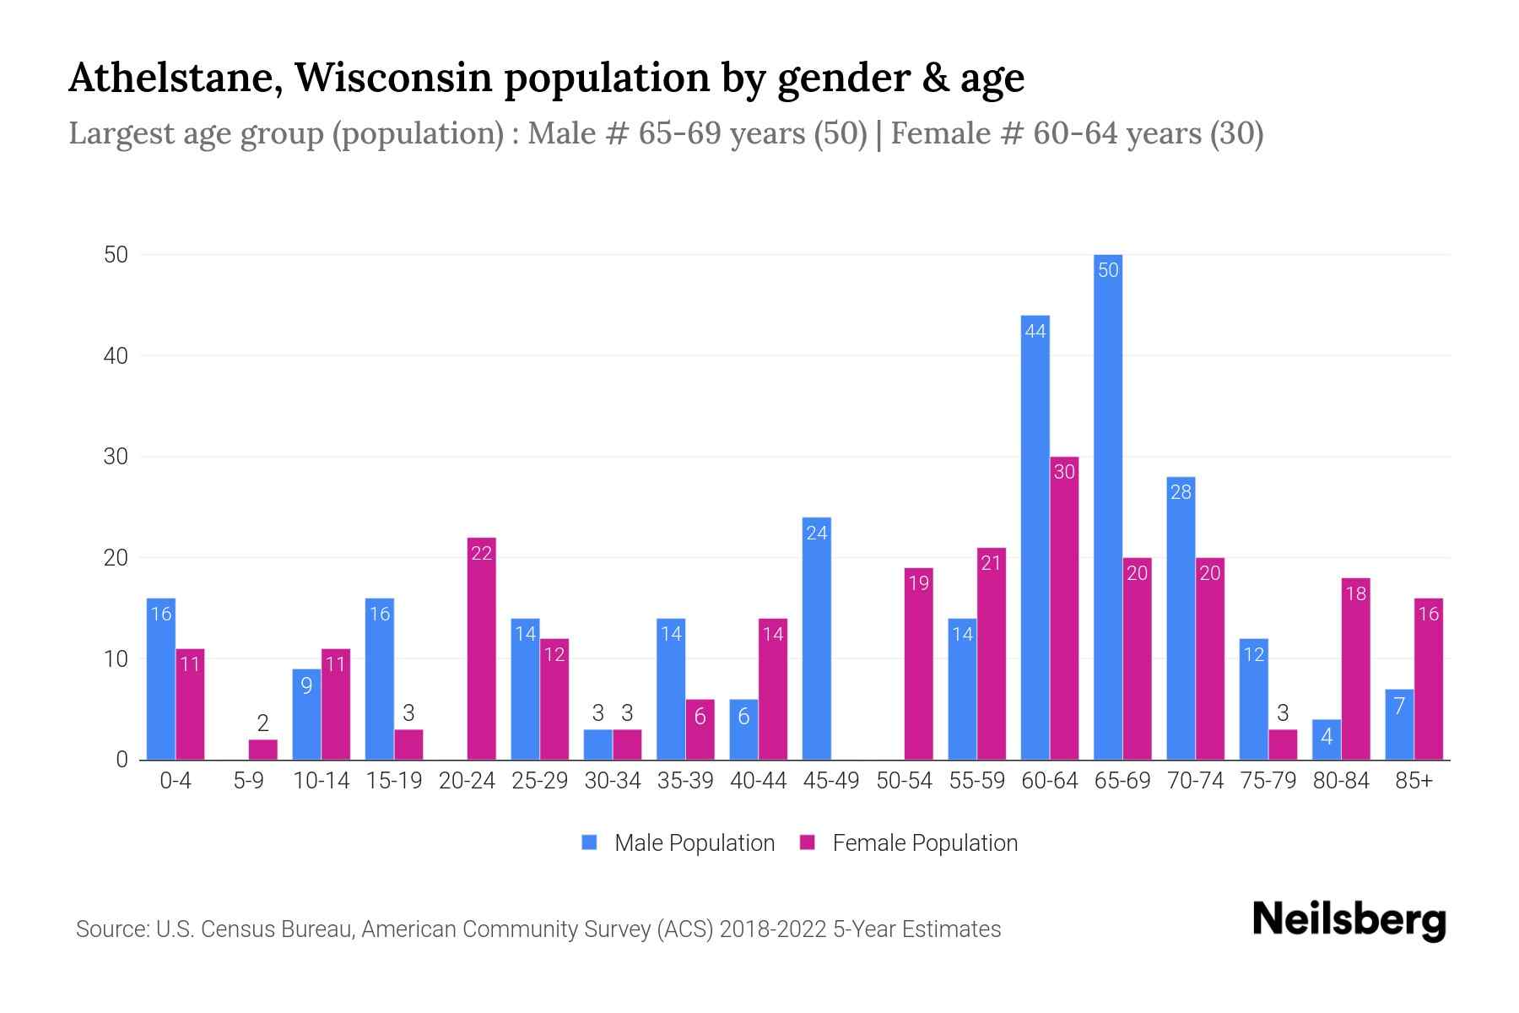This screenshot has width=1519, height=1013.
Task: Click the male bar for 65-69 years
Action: [x=1107, y=506]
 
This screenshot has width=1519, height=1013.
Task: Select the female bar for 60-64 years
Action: [x=1064, y=608]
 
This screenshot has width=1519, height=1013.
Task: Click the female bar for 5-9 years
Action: [x=262, y=750]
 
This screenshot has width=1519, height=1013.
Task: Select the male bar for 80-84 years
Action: [x=1326, y=739]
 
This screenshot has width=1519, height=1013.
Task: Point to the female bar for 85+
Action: [x=1428, y=679]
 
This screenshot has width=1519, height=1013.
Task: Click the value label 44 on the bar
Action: [x=1035, y=331]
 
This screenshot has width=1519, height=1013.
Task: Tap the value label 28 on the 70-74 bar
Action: [x=1181, y=492]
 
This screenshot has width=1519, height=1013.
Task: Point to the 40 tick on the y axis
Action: [x=116, y=355]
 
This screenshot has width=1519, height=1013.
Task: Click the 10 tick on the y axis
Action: [x=116, y=658]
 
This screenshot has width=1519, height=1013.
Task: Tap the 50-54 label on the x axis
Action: [x=904, y=781]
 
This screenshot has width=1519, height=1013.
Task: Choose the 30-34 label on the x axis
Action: [x=613, y=781]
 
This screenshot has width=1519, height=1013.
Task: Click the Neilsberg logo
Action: [x=1349, y=920]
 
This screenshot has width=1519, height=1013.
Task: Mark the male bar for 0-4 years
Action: [x=161, y=679]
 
